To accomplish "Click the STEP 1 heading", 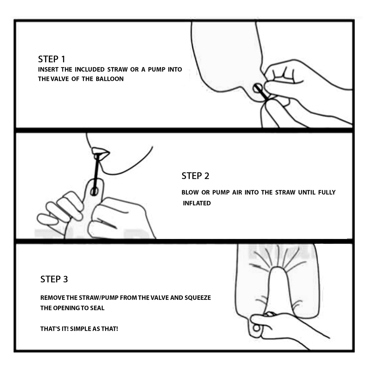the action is point(52,59).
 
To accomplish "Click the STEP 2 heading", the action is point(195,176).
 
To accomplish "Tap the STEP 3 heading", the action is point(54,279).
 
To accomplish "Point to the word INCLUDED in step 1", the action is point(90,69).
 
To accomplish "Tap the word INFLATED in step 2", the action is point(197,203).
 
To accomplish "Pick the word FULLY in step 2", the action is point(327,192).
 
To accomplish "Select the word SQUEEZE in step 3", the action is point(198,298).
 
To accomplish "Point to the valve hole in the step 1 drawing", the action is point(257,88).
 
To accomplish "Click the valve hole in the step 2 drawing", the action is point(94,192).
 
